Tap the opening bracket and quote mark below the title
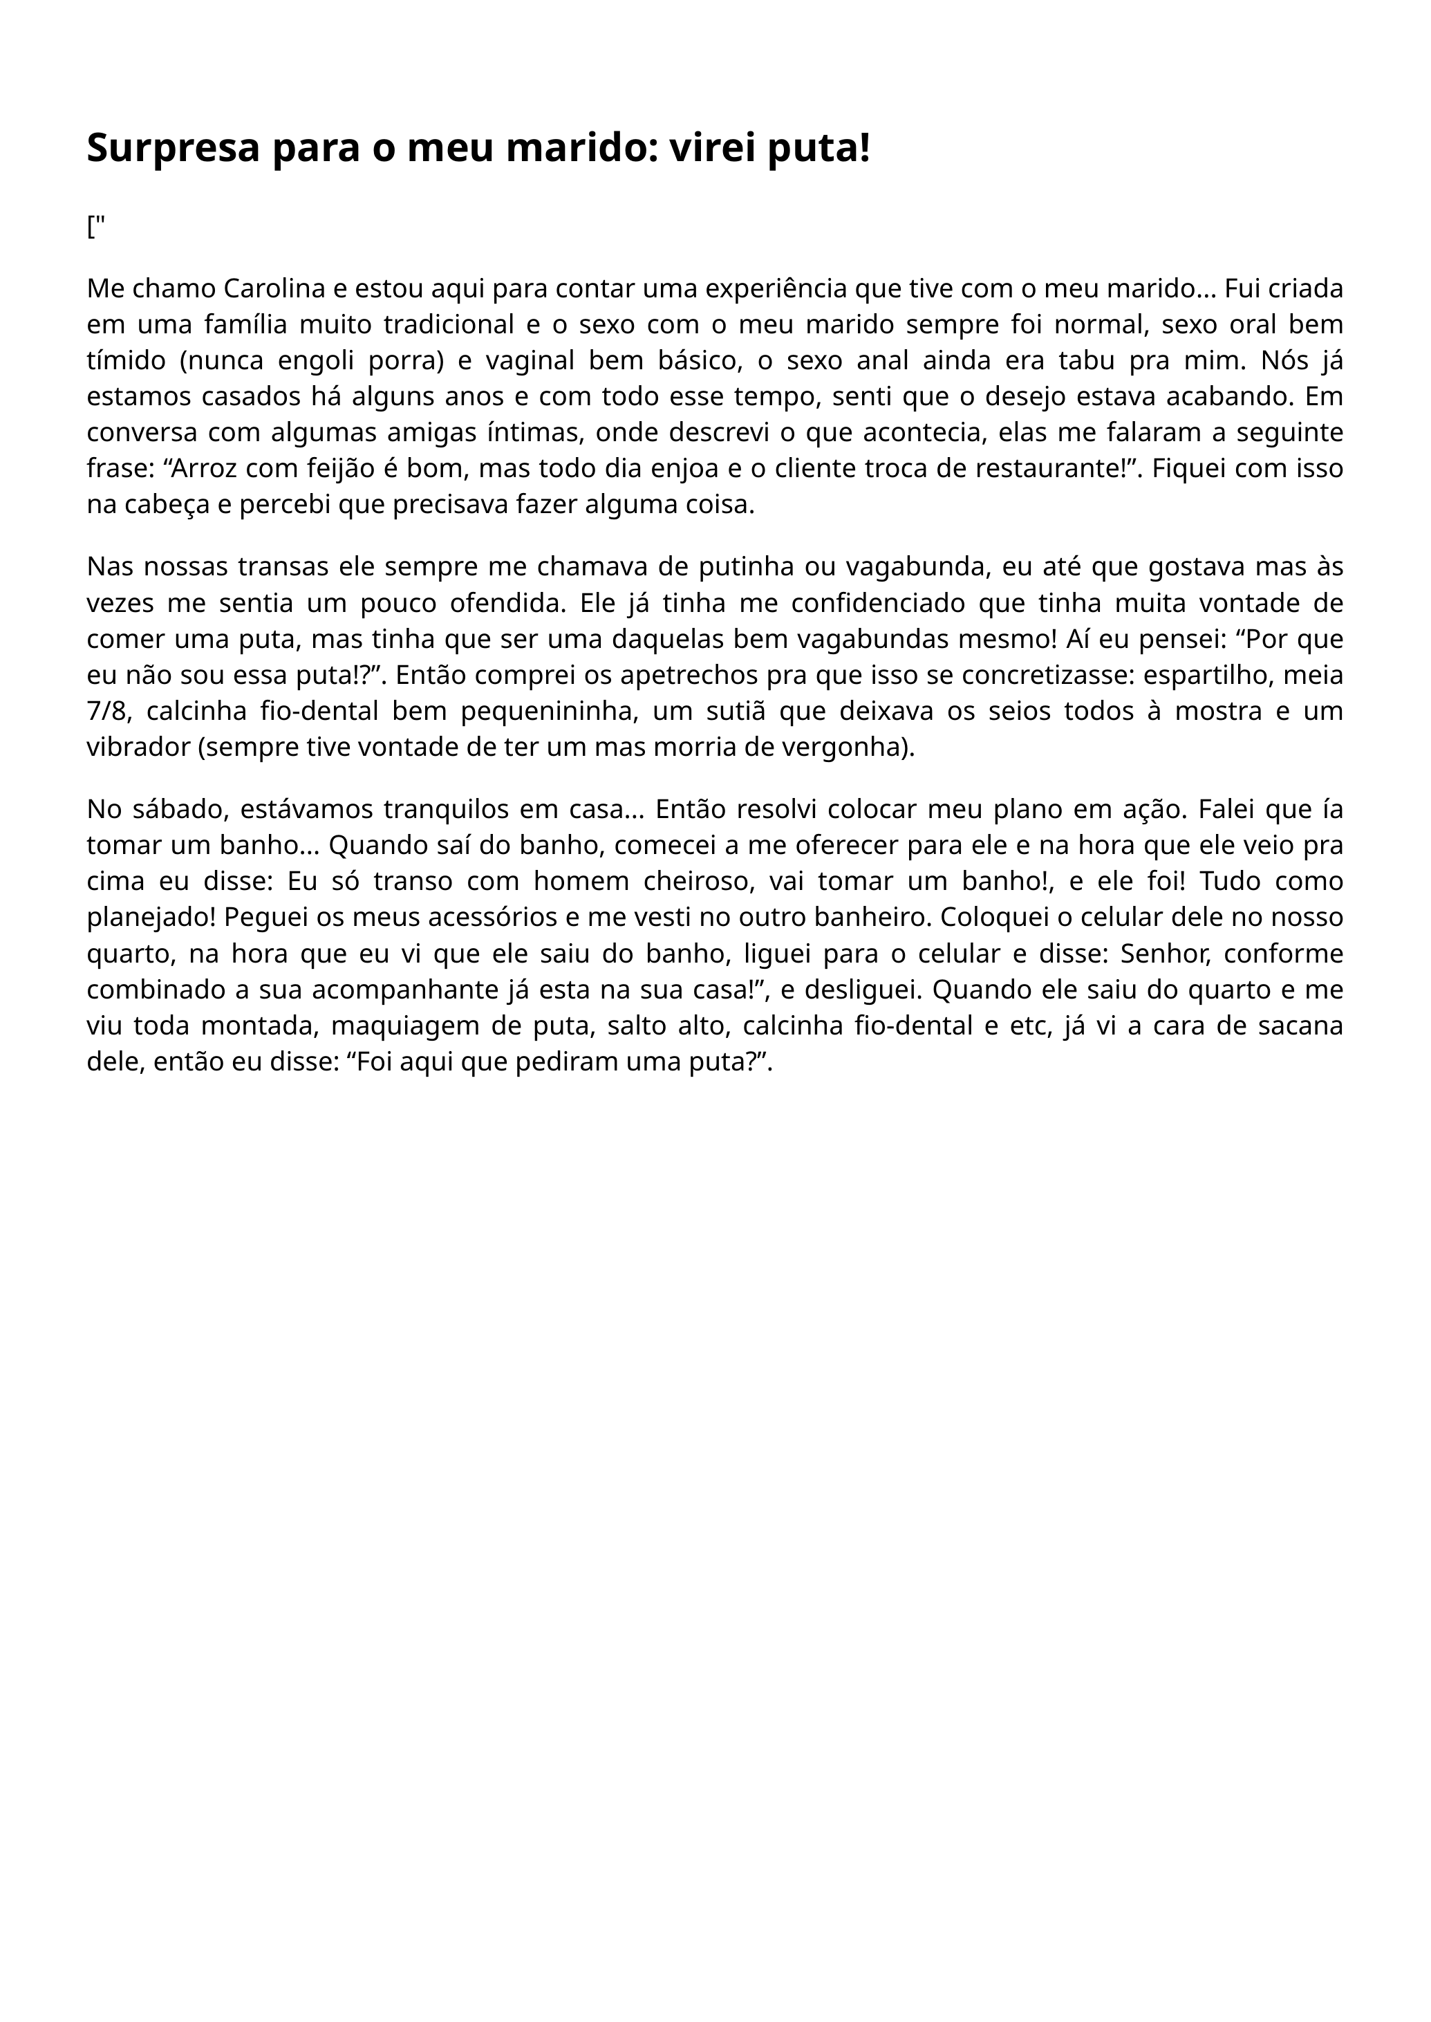(95, 228)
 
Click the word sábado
(178, 808)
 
